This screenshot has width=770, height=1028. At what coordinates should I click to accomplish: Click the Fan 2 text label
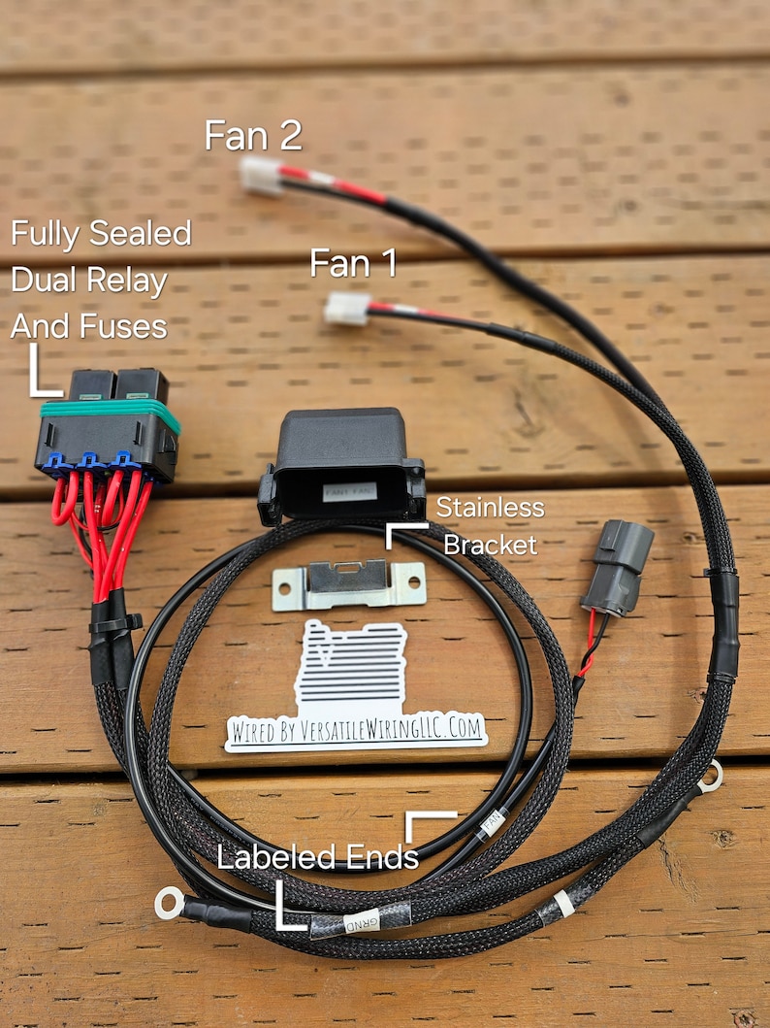point(252,136)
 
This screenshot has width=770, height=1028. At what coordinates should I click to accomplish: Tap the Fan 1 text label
point(353,263)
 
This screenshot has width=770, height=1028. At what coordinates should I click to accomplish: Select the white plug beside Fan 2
point(260,176)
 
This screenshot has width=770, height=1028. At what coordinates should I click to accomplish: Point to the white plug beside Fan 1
point(346,308)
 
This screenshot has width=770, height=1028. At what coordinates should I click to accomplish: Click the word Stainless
point(490,507)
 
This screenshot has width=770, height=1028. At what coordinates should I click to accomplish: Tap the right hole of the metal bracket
point(414,583)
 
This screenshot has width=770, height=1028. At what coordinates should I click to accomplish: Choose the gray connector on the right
point(620,567)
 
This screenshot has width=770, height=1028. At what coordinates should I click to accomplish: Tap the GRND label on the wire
point(361,920)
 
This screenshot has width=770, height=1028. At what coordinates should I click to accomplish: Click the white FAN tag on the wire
point(493,821)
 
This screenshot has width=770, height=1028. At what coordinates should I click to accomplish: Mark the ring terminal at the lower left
point(170,904)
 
